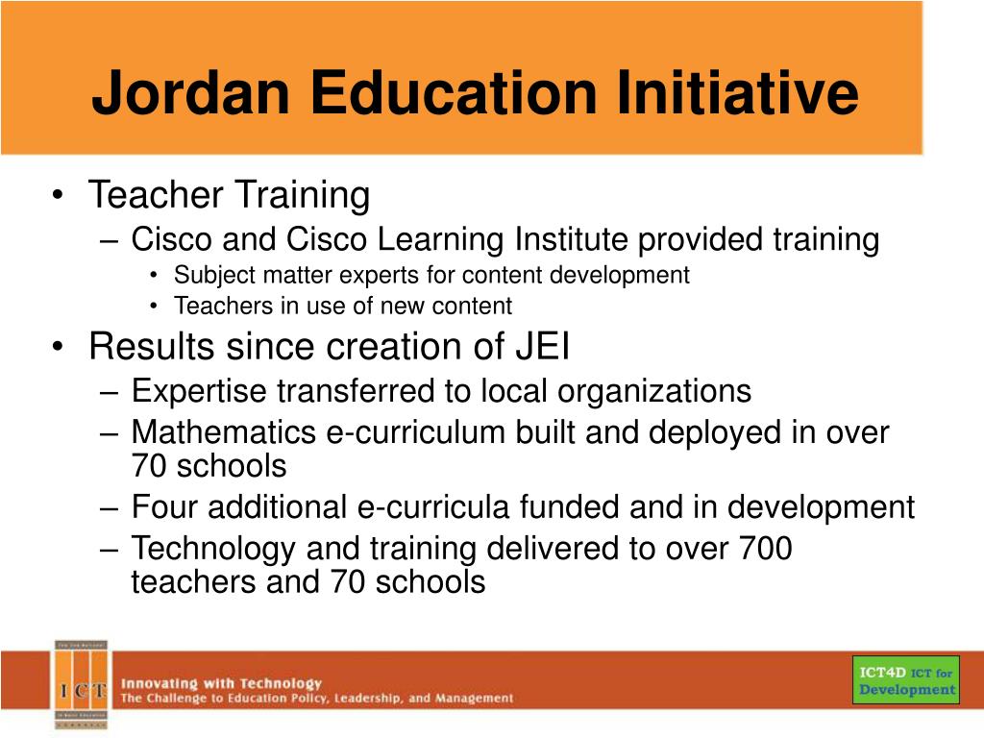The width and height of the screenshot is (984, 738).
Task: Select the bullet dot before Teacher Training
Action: tap(59, 196)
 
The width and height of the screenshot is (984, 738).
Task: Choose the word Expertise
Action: tap(201, 391)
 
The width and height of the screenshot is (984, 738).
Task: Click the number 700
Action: tap(766, 549)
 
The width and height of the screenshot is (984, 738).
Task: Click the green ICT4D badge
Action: tap(906, 680)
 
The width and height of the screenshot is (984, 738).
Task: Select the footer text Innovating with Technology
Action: tap(220, 682)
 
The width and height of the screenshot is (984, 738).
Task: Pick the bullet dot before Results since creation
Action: tap(59, 347)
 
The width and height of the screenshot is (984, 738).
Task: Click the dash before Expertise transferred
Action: tap(109, 392)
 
